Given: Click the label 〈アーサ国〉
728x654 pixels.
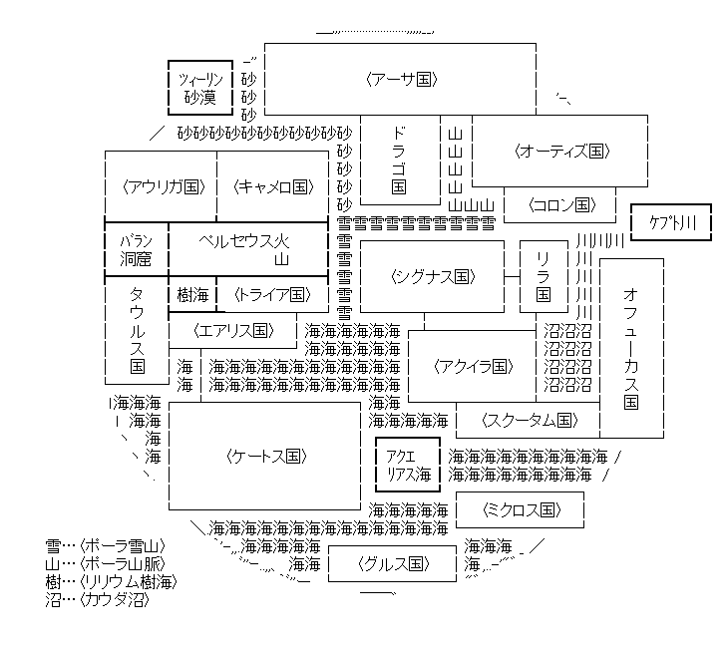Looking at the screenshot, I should point(399,79).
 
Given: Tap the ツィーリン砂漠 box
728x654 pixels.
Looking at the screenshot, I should point(199,88).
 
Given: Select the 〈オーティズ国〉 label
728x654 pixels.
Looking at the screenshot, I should point(562,152).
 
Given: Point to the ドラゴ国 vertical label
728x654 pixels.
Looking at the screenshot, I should point(399,159).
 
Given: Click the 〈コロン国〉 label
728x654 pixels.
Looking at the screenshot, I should point(562,205).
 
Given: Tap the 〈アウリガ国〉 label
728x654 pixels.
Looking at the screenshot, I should point(161,186).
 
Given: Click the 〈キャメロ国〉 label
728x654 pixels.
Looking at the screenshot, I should point(272,186).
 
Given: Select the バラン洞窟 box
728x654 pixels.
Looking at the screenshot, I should point(136,249).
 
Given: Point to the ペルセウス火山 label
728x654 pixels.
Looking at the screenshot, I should point(245,249).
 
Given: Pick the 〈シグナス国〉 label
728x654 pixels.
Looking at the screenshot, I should point(432,276).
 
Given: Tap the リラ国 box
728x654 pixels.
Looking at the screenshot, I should point(543,276).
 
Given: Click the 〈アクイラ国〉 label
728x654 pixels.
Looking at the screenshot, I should point(473,366).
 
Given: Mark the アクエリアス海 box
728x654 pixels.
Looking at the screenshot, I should point(407,464).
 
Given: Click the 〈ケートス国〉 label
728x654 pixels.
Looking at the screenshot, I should point(264,457).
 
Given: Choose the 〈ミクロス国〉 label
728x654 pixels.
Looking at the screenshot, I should point(519,510).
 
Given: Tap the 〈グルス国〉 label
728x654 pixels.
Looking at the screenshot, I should point(393,564).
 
